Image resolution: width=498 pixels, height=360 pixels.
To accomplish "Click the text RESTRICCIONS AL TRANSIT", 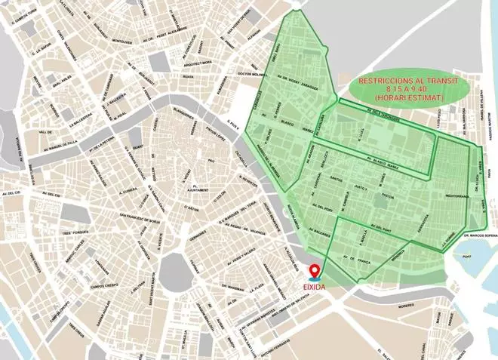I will (x=407, y=80).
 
